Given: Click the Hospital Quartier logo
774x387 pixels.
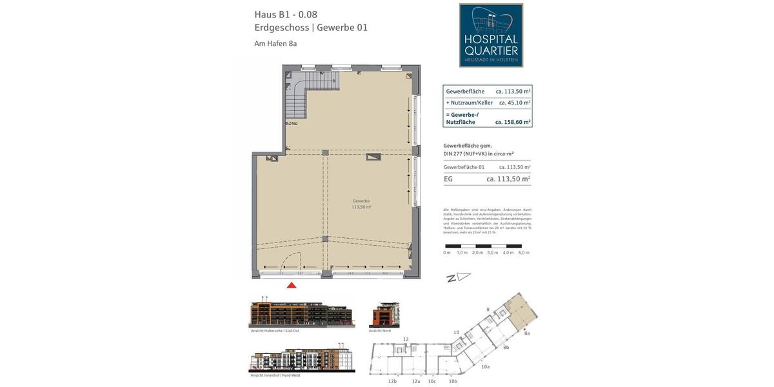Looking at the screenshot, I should click(491, 35).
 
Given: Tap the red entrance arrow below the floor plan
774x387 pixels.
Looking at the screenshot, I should click(292, 284).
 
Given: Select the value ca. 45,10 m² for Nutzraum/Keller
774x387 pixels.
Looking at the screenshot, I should click(514, 103).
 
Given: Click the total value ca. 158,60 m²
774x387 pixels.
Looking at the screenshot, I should click(513, 121).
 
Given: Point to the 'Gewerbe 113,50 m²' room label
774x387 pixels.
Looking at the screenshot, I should click(361, 204).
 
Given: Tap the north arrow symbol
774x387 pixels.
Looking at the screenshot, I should click(458, 277).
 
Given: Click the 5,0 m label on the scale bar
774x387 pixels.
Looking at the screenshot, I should click(524, 253).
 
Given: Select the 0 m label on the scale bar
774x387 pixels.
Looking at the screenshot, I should click(447, 253).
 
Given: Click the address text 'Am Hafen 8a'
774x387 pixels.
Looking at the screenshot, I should click(275, 44).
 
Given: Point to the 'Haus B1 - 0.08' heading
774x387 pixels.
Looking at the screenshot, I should click(286, 14).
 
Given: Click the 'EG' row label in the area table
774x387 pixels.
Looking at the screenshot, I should click(448, 179).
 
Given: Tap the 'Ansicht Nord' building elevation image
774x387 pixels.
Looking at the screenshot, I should click(384, 315).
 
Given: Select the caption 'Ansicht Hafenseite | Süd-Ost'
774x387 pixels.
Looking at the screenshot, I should click(275, 331).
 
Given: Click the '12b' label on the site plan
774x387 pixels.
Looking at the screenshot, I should click(392, 381).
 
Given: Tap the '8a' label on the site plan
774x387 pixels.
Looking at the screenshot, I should click(527, 333).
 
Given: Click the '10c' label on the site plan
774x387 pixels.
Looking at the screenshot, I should click(432, 381).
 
